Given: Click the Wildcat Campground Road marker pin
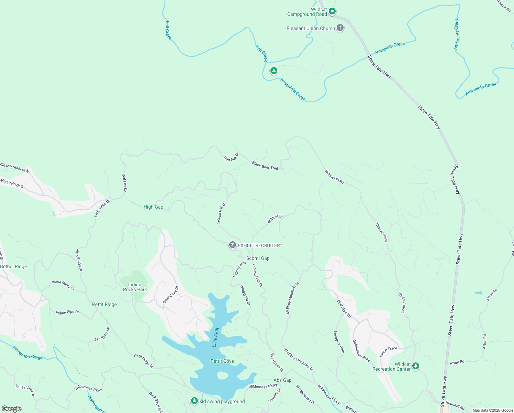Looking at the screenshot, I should click(332, 11).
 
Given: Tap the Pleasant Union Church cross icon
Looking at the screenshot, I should click(340, 28).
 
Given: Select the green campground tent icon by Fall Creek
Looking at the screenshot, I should click(273, 71).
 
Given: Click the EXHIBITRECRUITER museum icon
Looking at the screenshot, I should click(233, 245).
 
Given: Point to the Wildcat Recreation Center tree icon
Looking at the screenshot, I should click(416, 366).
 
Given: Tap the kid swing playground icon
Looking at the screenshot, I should click(194, 401).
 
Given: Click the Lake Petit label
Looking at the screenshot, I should click(216, 337).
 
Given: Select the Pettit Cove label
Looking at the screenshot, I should click(222, 361).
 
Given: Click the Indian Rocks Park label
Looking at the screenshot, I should click(135, 287).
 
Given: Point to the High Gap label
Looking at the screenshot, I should click(153, 207).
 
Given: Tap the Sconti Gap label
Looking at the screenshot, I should click(258, 258).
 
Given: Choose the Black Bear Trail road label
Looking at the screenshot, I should click(265, 166).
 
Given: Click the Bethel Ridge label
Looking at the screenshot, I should click(13, 266).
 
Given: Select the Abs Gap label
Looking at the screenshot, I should click(282, 380).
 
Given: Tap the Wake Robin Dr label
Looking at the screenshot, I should click(63, 285).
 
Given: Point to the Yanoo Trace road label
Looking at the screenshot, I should click(388, 351).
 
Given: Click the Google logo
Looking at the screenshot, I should click(11, 409).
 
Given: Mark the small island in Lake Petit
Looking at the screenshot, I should click(222, 375).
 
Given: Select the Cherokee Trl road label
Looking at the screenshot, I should click(344, 309).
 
